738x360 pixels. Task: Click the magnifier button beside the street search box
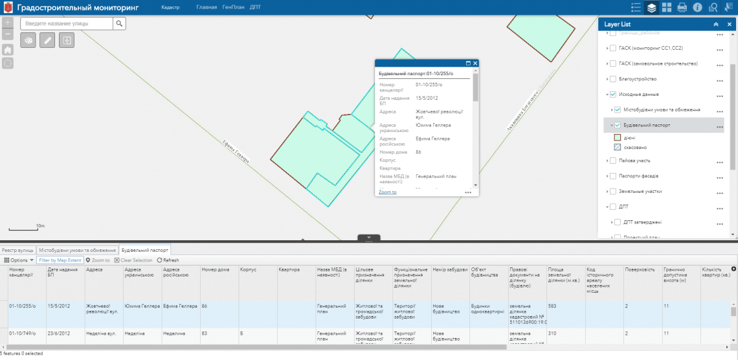[119, 23]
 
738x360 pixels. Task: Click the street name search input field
[66, 23]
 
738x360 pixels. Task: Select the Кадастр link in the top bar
[170, 7]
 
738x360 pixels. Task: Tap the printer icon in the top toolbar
[682, 8]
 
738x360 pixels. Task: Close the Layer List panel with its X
[730, 24]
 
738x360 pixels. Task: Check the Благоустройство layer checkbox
[612, 79]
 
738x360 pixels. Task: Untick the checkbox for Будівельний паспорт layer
[618, 125]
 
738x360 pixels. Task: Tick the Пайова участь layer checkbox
[612, 160]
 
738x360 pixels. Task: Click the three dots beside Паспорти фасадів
[719, 177]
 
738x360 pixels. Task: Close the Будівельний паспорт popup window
[475, 63]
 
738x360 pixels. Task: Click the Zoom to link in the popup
[387, 192]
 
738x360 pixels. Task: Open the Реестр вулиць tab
[17, 249]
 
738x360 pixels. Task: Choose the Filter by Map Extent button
[60, 260]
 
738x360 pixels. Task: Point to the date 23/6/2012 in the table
[60, 333]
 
